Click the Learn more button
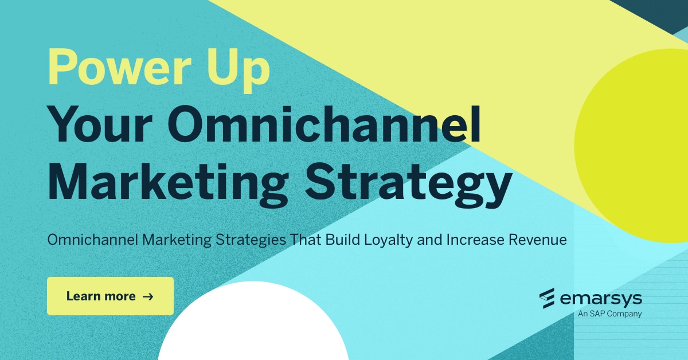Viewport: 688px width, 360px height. click(x=110, y=296)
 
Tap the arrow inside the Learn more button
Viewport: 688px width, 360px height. click(x=147, y=296)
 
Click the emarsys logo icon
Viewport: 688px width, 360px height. click(x=547, y=298)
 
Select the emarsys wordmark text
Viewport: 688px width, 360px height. click(x=600, y=299)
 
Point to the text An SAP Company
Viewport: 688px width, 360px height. click(x=609, y=314)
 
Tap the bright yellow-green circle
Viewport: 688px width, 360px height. click(x=636, y=143)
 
